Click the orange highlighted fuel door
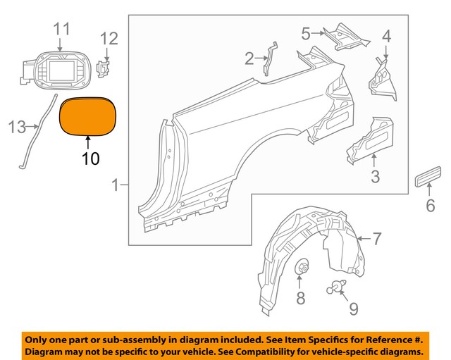89,116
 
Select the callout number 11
62,29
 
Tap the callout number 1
116,186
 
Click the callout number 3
375,177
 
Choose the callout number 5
305,33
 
